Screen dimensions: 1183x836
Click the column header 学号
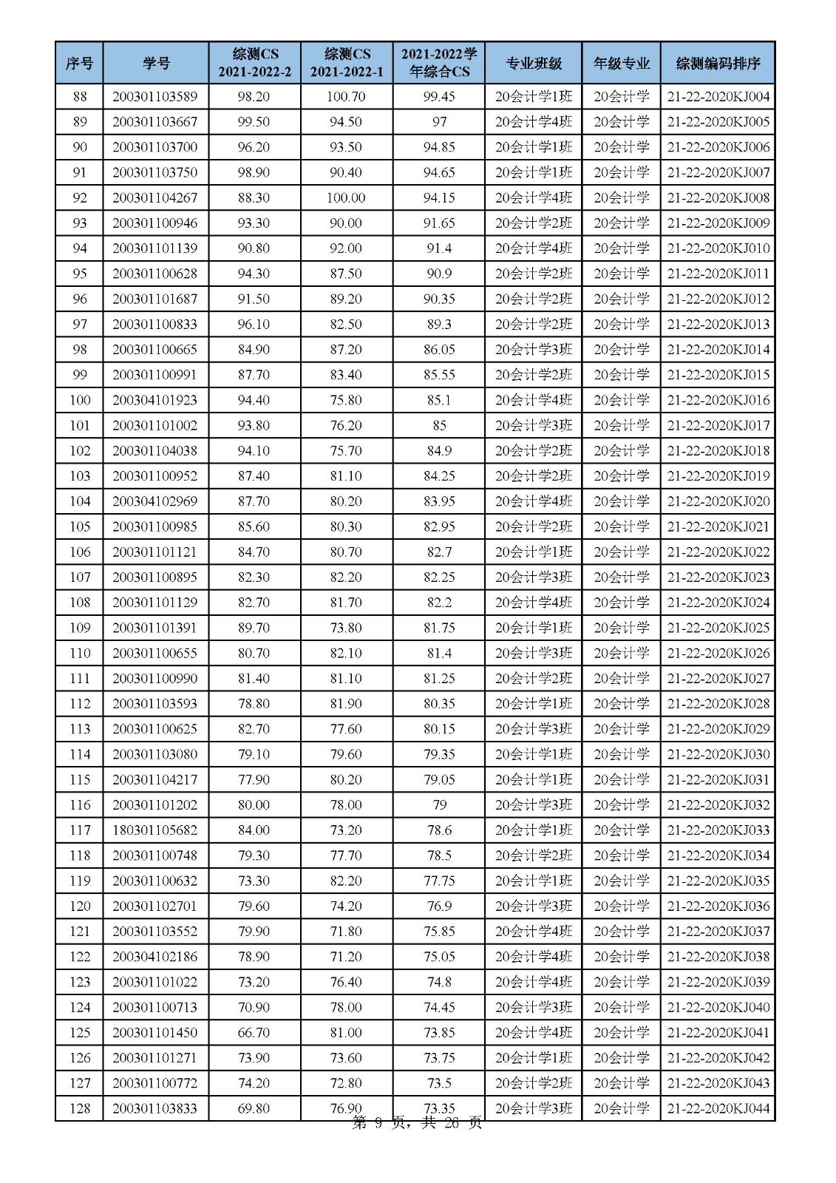pos(155,63)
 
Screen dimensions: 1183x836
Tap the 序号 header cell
pos(79,63)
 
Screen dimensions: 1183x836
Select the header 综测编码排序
pos(718,63)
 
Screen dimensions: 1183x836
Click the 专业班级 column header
pos(533,63)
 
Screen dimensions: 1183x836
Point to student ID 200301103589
pos(155,97)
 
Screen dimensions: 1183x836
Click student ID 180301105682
pos(155,830)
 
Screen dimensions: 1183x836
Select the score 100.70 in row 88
pos(346,97)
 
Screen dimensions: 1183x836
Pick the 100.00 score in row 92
pos(346,198)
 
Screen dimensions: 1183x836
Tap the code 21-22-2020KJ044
pos(718,1108)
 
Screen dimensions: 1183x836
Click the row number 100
pos(79,400)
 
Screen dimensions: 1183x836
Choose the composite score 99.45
pos(439,97)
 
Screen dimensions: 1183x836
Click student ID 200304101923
pos(155,400)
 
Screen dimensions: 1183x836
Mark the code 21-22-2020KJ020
pos(718,501)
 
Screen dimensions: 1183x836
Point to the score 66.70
pos(254,1032)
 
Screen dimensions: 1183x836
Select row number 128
pos(79,1108)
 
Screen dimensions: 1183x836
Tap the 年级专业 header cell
pos(621,63)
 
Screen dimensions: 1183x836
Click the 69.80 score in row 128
pos(254,1108)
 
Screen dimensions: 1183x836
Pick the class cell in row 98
pos(533,350)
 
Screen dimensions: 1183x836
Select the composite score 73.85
pos(439,1032)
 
